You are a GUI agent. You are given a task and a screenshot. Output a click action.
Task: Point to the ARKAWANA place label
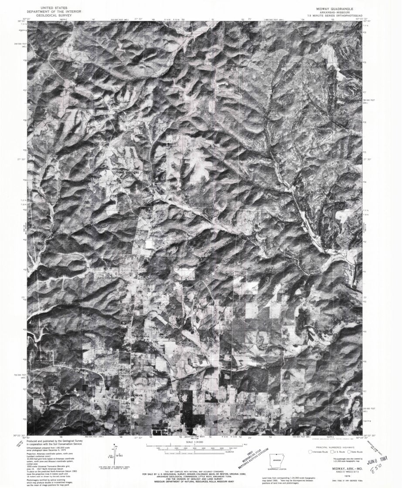[141, 337]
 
